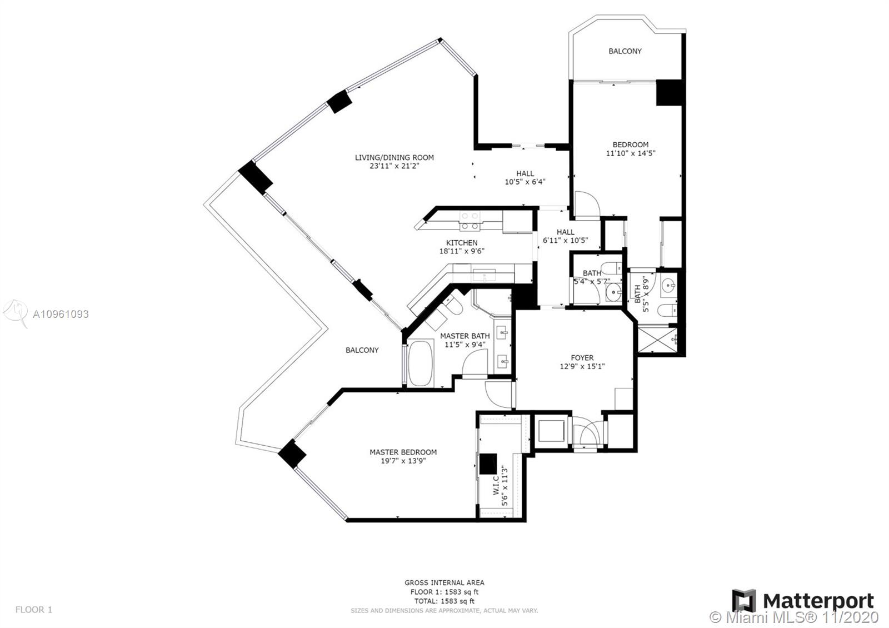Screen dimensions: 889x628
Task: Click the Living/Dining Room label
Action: point(394,158)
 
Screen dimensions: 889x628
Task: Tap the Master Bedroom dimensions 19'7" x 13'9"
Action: point(403,461)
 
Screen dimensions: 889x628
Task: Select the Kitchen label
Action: point(462,242)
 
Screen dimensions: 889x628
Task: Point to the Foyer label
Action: point(582,358)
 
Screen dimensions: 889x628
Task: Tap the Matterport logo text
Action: point(818,601)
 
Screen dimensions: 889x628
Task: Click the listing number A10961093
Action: point(61,315)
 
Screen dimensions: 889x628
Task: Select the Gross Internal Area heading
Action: point(444,583)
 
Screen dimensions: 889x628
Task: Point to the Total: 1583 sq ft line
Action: point(444,601)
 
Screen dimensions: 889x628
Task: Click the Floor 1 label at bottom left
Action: point(34,609)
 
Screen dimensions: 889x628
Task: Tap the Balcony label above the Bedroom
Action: point(625,51)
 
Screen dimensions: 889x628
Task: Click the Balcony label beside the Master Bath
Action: point(362,350)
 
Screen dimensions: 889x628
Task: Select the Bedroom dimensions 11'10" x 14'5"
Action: point(630,153)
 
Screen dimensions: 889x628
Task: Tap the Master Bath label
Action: point(465,336)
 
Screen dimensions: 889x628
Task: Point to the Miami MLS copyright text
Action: point(794,617)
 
